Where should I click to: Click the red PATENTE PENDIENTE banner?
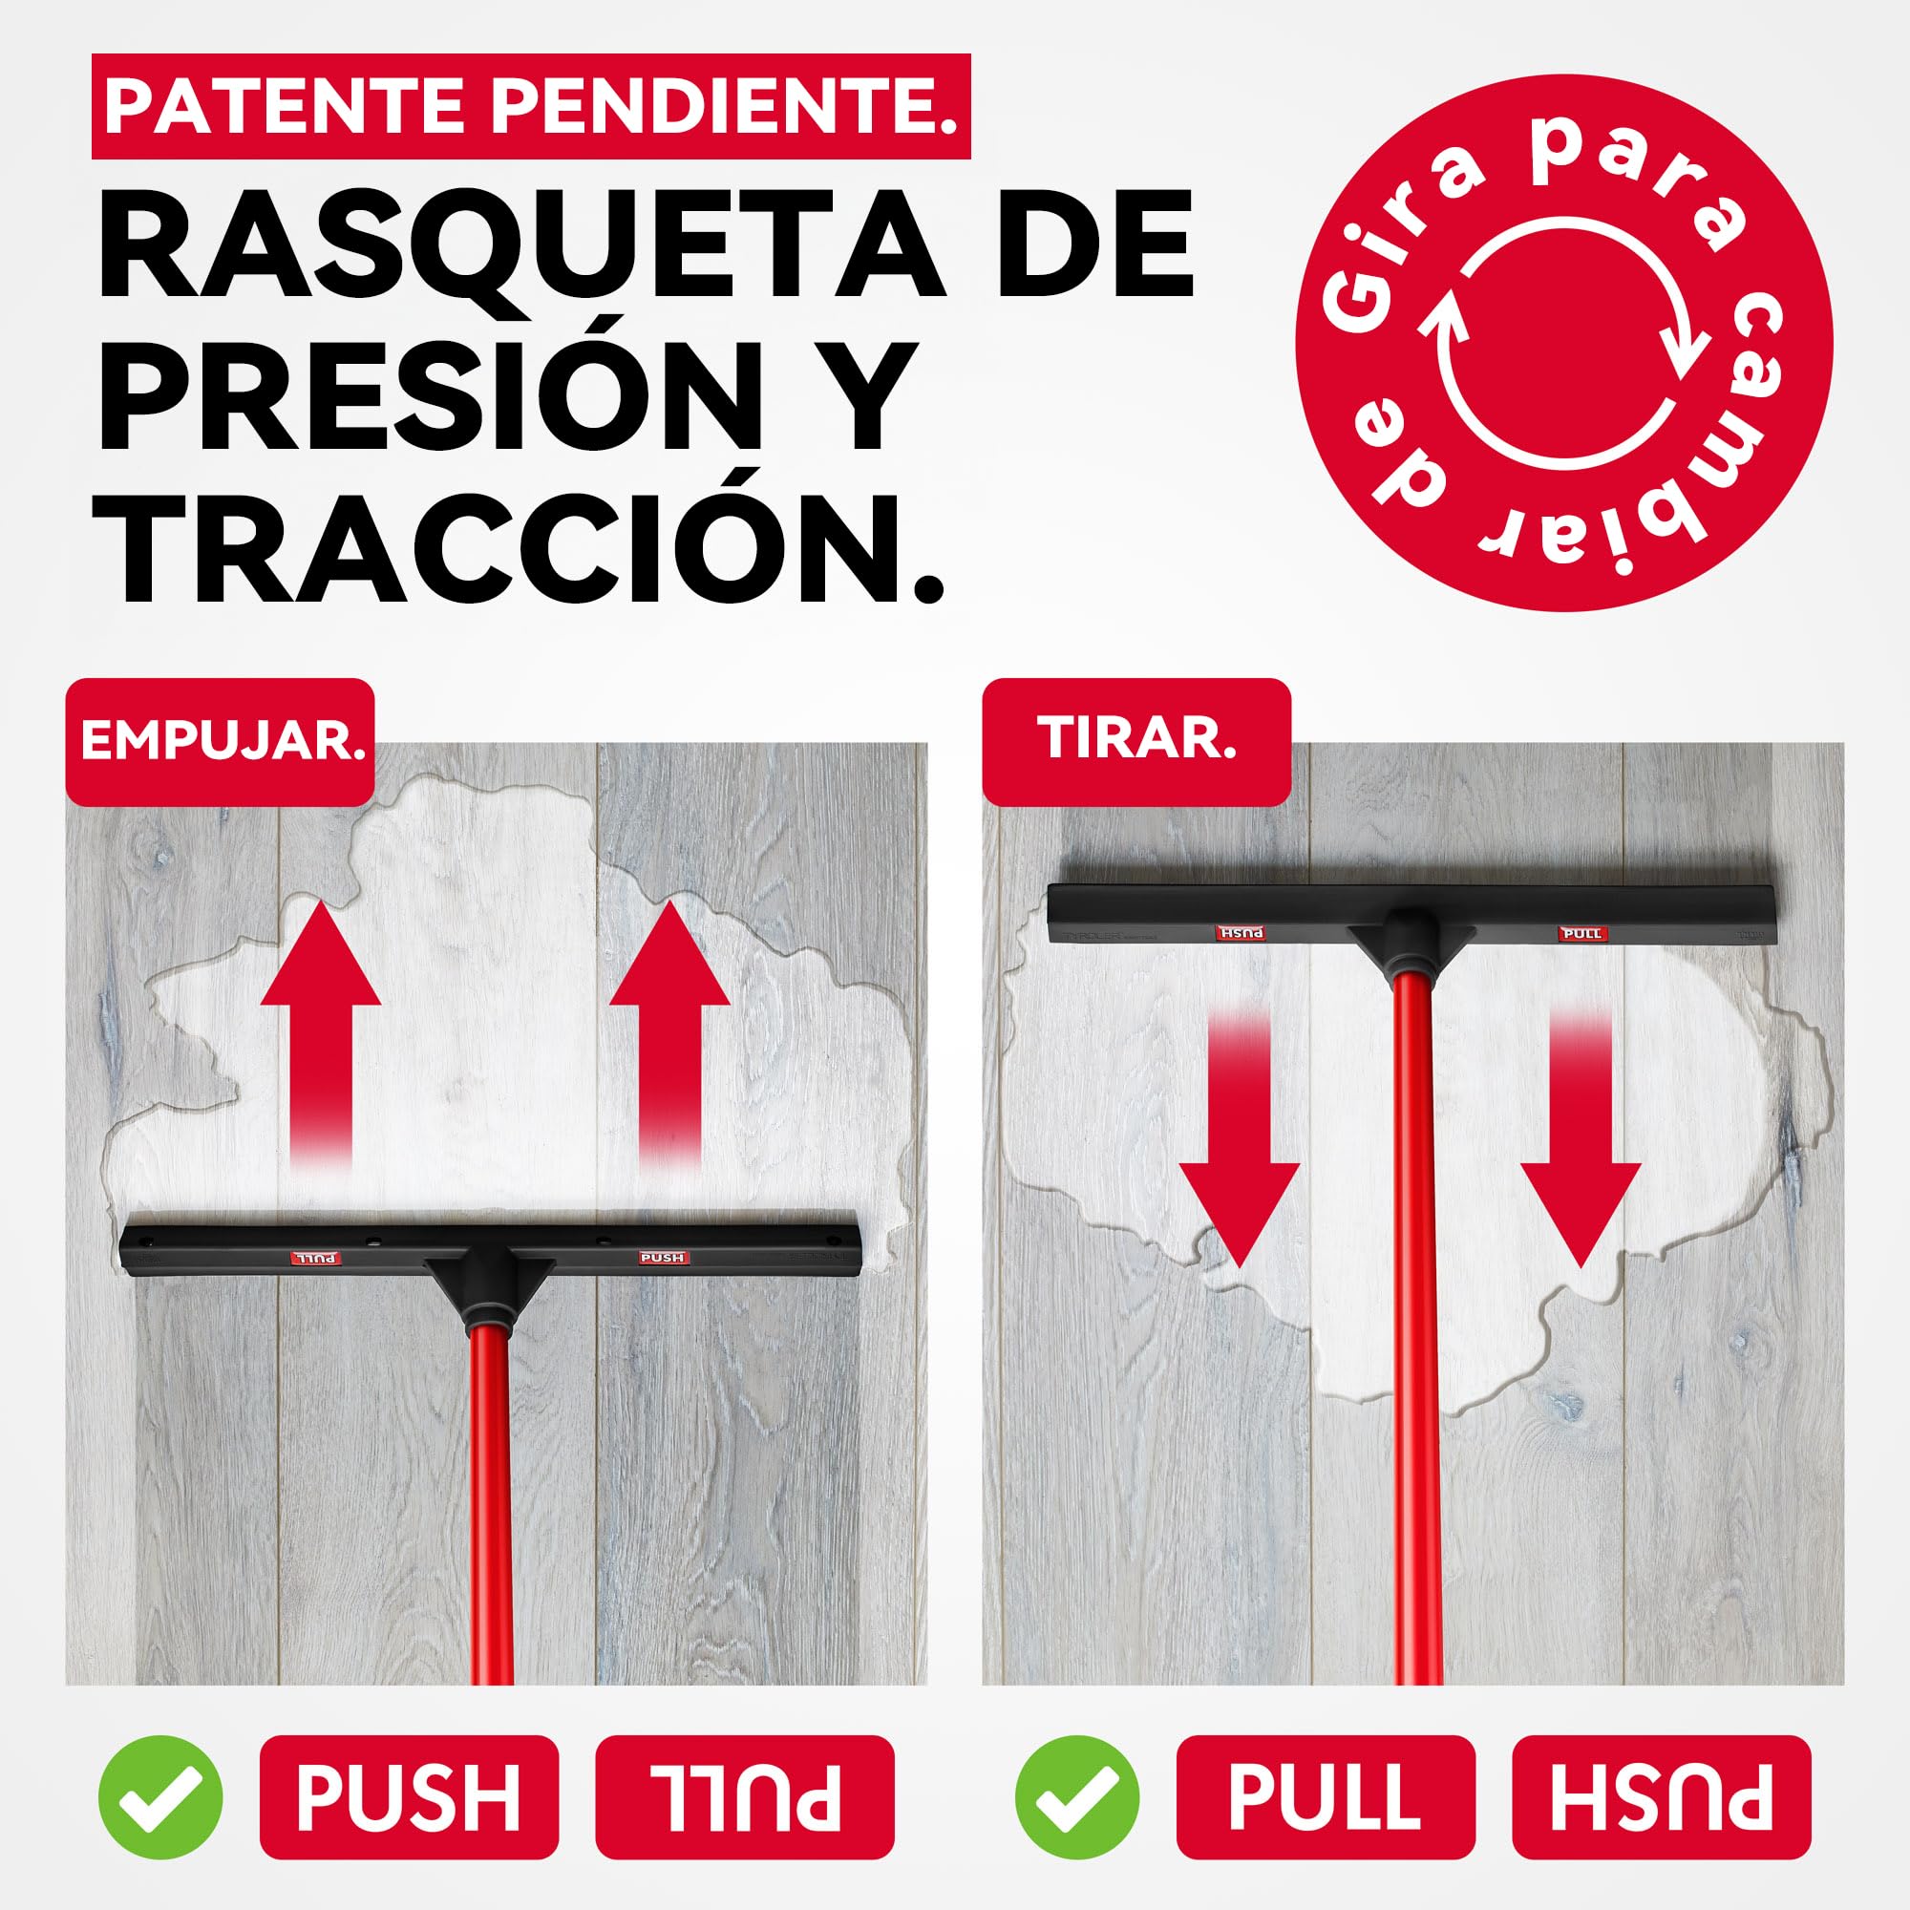coord(531,107)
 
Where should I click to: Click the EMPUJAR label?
coord(221,741)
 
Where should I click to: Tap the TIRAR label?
coord(1135,741)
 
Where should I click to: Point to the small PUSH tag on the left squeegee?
coord(663,1258)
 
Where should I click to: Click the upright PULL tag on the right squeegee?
coord(1581,933)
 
